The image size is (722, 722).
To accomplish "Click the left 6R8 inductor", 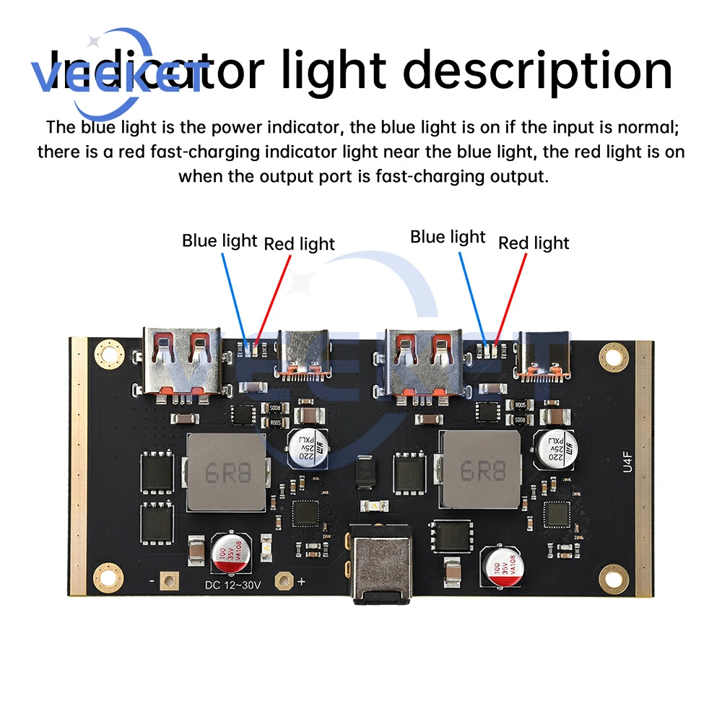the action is (225, 471).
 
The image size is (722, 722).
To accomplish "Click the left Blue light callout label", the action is (219, 240).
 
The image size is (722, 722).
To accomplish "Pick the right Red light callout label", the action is (534, 243).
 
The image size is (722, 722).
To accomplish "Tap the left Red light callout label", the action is (299, 244).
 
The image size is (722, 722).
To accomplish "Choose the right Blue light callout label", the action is (448, 237).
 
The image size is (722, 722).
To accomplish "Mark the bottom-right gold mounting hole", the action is (612, 575).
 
